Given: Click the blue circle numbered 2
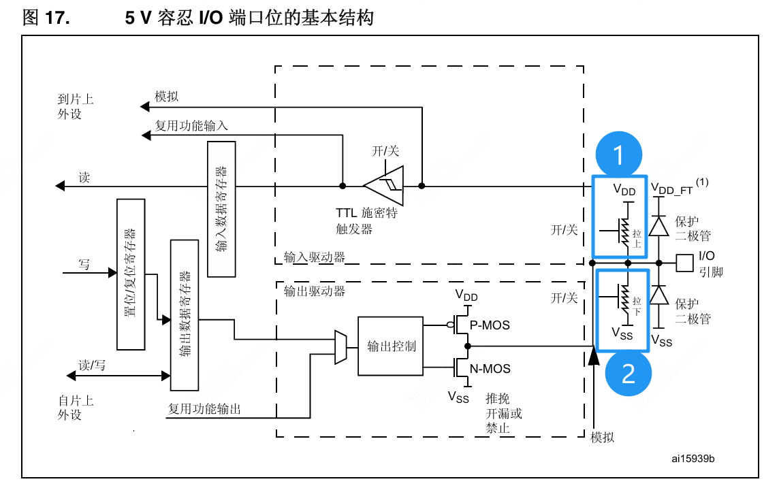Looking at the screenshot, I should (x=628, y=373).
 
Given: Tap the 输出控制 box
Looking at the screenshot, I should (x=391, y=346).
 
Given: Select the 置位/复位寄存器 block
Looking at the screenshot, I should (x=131, y=274).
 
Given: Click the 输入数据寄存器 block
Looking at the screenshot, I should (x=221, y=209).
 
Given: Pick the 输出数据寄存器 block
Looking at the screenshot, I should (x=184, y=314).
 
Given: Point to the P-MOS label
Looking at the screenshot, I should (x=490, y=325).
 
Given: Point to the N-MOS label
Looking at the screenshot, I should (x=490, y=369).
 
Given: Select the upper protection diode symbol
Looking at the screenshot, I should (x=658, y=226).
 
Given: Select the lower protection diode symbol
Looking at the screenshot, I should (x=658, y=295).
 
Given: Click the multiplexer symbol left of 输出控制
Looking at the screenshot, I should (x=341, y=346).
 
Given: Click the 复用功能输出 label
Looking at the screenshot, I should (x=204, y=409).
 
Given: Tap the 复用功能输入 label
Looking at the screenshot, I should (x=191, y=126).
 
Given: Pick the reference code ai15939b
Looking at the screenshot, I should (x=693, y=458).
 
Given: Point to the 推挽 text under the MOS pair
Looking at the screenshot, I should (x=497, y=399).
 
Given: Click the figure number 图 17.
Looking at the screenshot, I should (x=46, y=18).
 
